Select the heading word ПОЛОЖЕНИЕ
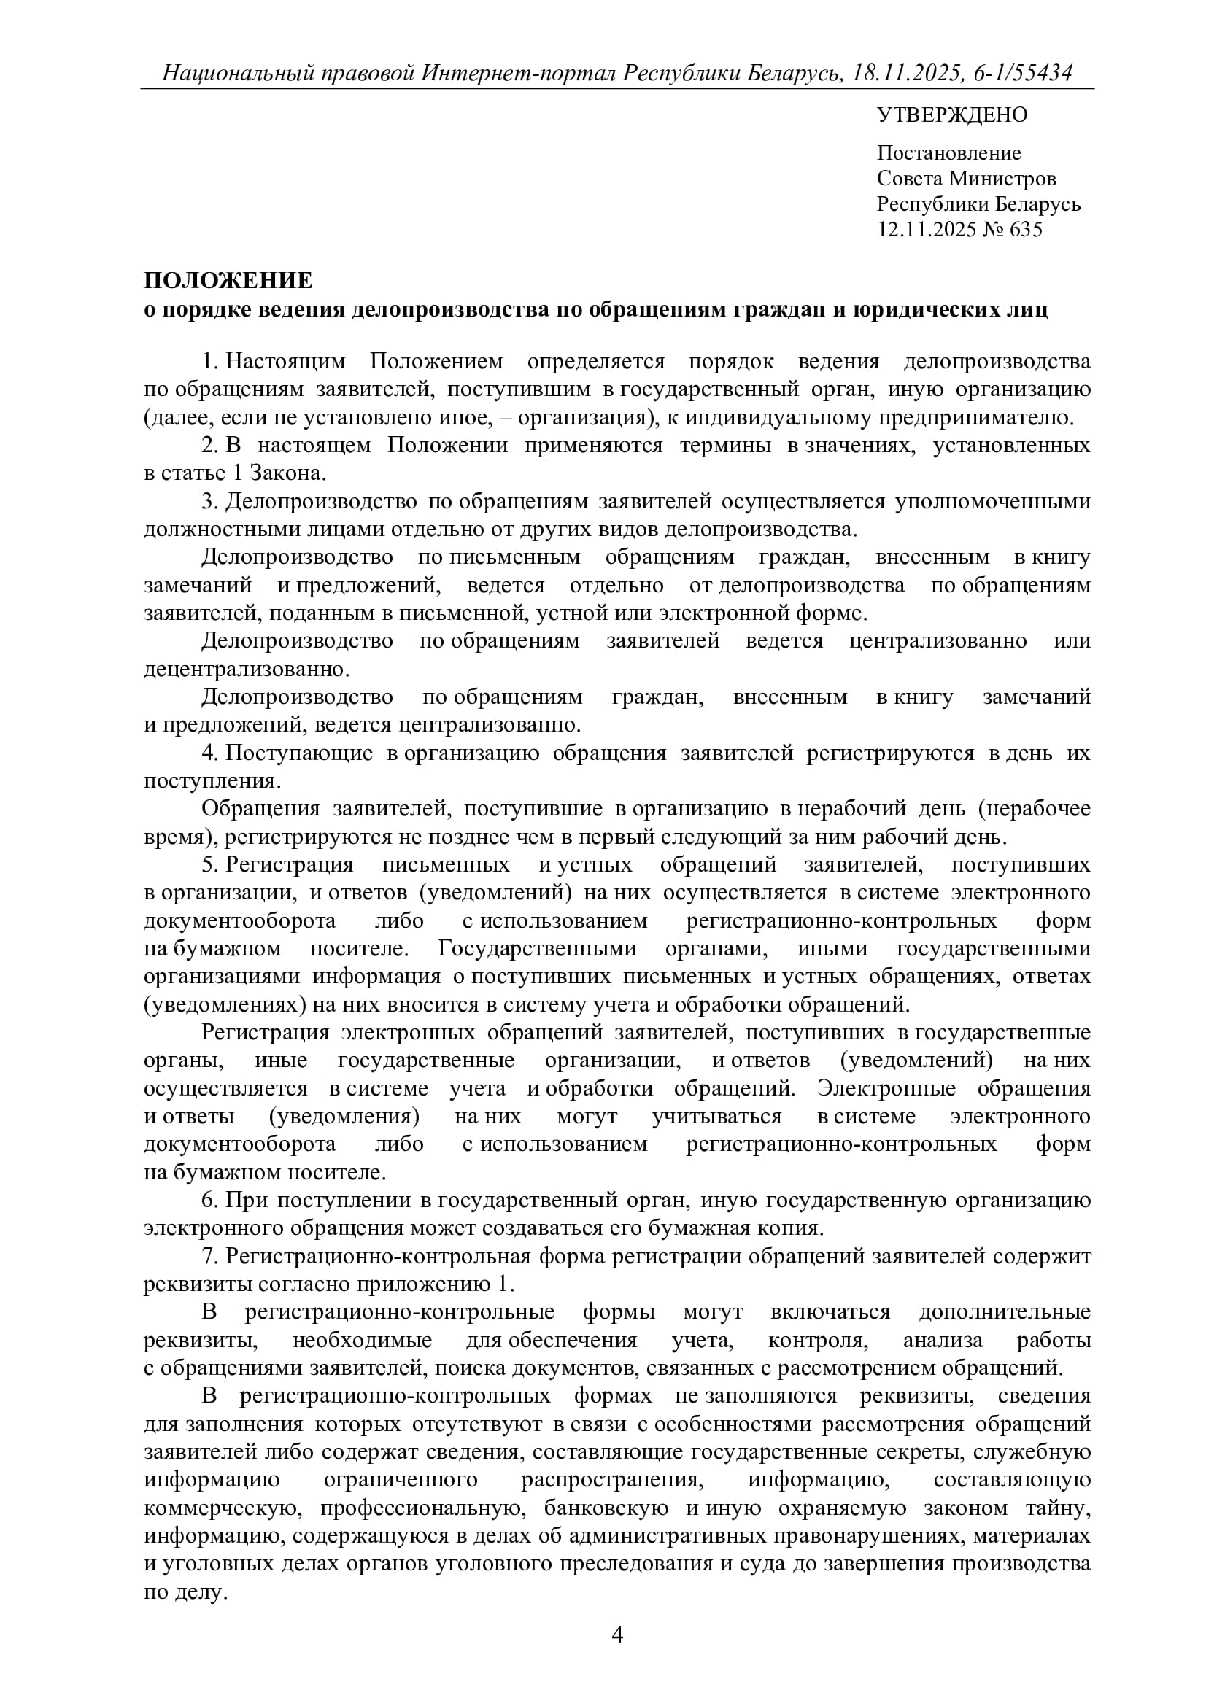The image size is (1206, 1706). point(228,281)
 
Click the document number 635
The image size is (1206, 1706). point(1027,229)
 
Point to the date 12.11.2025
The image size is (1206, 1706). point(932,229)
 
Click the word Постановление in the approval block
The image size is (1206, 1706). point(949,153)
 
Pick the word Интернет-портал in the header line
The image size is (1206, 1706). point(519,73)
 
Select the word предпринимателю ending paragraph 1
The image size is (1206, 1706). point(976,418)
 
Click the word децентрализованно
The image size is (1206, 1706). point(246,669)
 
